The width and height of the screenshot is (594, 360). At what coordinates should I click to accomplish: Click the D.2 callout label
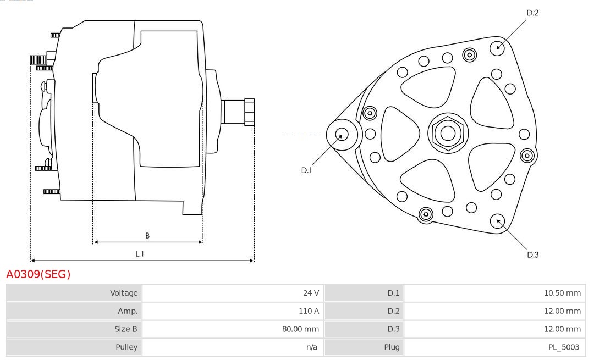pyautogui.click(x=532, y=13)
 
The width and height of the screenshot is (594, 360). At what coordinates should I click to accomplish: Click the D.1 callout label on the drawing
pyautogui.click(x=306, y=170)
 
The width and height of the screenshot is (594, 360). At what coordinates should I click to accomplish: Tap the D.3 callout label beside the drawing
pyautogui.click(x=532, y=254)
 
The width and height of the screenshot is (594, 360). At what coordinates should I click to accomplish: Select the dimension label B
pyautogui.click(x=147, y=236)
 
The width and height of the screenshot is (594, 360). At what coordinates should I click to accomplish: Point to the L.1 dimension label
pyautogui.click(x=140, y=254)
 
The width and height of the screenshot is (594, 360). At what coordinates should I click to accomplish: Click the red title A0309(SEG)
pyautogui.click(x=38, y=274)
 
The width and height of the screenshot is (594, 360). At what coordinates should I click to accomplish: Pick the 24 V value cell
pyautogui.click(x=311, y=293)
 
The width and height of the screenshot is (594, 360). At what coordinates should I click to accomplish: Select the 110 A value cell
pyautogui.click(x=309, y=311)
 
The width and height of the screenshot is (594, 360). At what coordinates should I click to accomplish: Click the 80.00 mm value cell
pyautogui.click(x=300, y=329)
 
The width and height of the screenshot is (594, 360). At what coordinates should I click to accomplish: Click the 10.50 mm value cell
pyautogui.click(x=562, y=293)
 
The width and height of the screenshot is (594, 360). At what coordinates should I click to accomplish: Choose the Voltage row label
pyautogui.click(x=124, y=293)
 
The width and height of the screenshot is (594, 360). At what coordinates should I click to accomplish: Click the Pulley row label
pyautogui.click(x=127, y=347)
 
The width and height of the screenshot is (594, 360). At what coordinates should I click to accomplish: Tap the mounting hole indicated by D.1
pyautogui.click(x=342, y=134)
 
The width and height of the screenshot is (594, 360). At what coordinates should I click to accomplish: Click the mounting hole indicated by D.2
pyautogui.click(x=497, y=47)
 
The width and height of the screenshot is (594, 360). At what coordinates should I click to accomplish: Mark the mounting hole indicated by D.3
pyautogui.click(x=498, y=221)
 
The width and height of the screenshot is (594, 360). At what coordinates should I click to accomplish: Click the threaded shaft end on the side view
pyautogui.click(x=249, y=112)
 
